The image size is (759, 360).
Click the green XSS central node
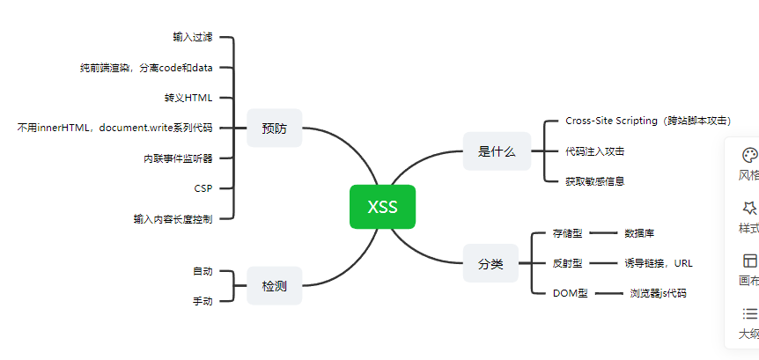pyautogui.click(x=382, y=207)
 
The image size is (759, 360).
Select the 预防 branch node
pyautogui.click(x=275, y=129)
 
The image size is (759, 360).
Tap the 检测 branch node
pyautogui.click(x=275, y=286)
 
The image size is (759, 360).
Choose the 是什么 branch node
pyautogui.click(x=497, y=151)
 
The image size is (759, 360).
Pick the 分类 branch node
pyautogui.click(x=490, y=264)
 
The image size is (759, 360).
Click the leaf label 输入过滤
pyautogui.click(x=193, y=37)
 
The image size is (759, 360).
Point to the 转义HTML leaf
pyautogui.click(x=188, y=98)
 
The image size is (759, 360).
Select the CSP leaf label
pyautogui.click(x=203, y=188)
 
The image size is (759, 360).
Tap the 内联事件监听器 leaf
pyautogui.click(x=178, y=158)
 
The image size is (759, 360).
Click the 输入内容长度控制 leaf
pyautogui.click(x=173, y=218)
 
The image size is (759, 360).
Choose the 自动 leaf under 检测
pyautogui.click(x=203, y=271)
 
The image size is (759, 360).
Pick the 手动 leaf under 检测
pyautogui.click(x=203, y=301)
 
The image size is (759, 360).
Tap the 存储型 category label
pyautogui.click(x=567, y=233)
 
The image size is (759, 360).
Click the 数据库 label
pyautogui.click(x=639, y=233)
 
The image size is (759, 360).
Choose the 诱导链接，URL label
pyautogui.click(x=659, y=263)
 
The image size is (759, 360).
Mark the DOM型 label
pyautogui.click(x=571, y=293)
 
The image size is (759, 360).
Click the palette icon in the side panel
pyautogui.click(x=749, y=155)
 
